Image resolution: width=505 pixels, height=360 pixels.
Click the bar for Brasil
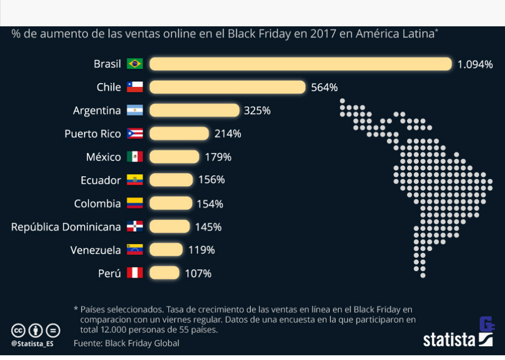coord(300,64)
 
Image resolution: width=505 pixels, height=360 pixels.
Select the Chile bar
coord(227,87)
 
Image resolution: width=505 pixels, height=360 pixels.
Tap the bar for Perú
coord(164,273)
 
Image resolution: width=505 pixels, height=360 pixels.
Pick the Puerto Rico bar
coord(179,134)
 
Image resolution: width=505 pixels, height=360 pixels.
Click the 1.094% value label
coord(474,65)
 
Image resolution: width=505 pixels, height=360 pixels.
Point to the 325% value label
coord(257,111)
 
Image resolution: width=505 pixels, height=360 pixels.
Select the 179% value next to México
coord(218,157)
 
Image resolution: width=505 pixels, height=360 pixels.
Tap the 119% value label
coord(201,250)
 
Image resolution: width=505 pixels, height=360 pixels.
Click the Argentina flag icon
coord(135,111)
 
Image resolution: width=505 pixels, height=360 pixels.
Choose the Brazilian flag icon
coord(135,64)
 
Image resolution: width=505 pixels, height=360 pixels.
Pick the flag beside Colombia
coord(135,204)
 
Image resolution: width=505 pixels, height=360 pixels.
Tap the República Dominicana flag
coord(135,227)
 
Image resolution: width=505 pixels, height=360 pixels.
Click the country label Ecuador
coord(100,181)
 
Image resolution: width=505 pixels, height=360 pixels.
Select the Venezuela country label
coord(96,250)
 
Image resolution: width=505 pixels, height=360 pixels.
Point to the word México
coord(104,157)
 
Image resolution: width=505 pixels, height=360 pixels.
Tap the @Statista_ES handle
coord(32,344)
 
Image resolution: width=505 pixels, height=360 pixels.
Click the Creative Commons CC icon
coord(18,331)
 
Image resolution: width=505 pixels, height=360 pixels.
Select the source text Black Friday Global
coord(142,343)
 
